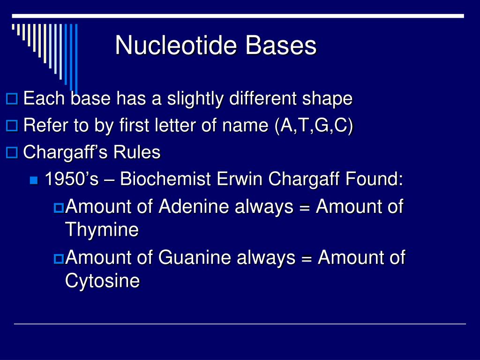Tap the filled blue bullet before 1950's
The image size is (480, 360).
[33, 180]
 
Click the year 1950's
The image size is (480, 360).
[72, 180]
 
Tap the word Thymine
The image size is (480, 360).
[102, 230]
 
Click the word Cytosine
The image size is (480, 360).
[102, 281]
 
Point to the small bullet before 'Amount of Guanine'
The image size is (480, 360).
[59, 258]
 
